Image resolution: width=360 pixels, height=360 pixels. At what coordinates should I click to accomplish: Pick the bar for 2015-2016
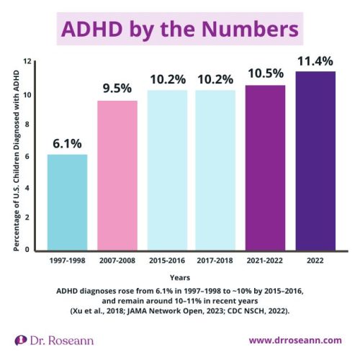[167, 170]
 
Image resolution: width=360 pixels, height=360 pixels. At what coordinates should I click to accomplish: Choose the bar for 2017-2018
[215, 170]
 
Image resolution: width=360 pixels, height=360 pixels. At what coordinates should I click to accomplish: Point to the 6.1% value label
[68, 142]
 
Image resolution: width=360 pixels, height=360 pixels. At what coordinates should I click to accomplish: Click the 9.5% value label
[117, 89]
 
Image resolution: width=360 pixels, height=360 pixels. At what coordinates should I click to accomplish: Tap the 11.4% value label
[315, 60]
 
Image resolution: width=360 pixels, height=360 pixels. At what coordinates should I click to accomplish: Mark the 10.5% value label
[265, 73]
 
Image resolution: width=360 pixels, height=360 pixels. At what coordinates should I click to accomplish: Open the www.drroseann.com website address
[295, 339]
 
